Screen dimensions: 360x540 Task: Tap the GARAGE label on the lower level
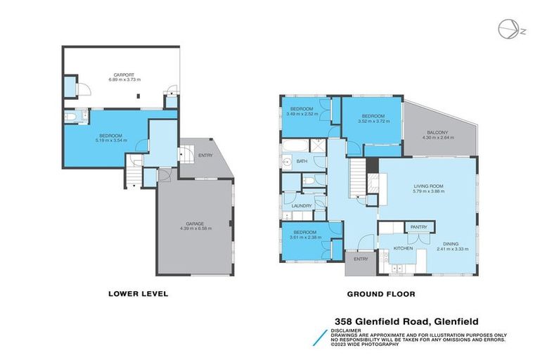pyautogui.click(x=195, y=224)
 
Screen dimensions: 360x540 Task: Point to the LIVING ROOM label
pyautogui.click(x=426, y=186)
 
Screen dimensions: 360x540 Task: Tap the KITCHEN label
pyautogui.click(x=402, y=249)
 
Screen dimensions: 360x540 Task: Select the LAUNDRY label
pyautogui.click(x=292, y=205)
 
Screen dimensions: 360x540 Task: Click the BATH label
pyautogui.click(x=302, y=162)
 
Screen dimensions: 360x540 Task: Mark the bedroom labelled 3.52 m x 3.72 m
pyautogui.click(x=373, y=118)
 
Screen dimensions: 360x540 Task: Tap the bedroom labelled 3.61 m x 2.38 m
pyautogui.click(x=304, y=234)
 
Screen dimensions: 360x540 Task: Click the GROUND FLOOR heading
pyautogui.click(x=380, y=294)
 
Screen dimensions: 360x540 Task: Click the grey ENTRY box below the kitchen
pyautogui.click(x=360, y=259)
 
